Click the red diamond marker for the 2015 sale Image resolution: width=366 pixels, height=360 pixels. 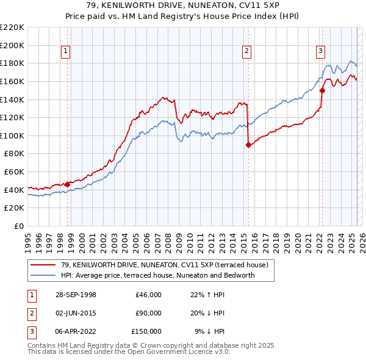click(248, 145)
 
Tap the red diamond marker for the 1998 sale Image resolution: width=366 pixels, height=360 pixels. click(68, 184)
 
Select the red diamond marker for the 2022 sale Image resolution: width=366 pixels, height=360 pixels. click(322, 91)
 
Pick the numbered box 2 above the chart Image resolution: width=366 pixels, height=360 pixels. click(246, 52)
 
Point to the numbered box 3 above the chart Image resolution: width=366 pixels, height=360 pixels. click(320, 52)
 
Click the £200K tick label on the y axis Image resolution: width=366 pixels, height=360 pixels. click(12, 45)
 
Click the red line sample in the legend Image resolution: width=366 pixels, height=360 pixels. click(44, 265)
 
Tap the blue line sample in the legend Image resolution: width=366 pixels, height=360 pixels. click(44, 276)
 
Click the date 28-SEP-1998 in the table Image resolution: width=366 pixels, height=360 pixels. click(76, 295)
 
